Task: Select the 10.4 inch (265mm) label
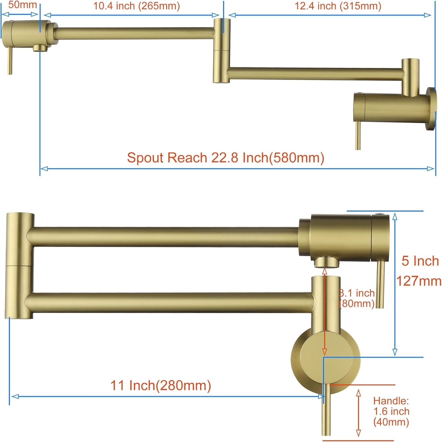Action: point(136,6)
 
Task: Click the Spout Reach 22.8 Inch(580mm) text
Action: point(225,157)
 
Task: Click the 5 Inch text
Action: point(420,261)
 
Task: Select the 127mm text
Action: point(419,281)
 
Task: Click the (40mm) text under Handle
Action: point(391,422)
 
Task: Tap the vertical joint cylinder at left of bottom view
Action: point(20,266)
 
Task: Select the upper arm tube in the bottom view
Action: point(164,237)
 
